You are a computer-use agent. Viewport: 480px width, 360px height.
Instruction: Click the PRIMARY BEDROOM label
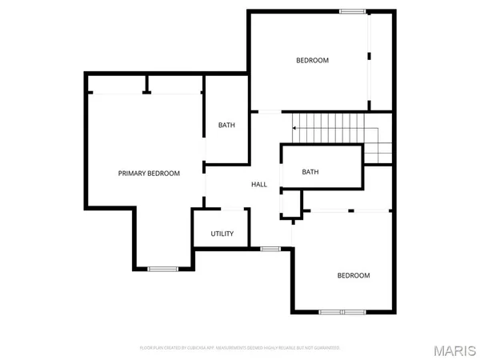tap(149, 174)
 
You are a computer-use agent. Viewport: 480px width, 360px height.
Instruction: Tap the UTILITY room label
tap(222, 234)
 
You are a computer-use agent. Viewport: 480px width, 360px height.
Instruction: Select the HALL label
tap(259, 185)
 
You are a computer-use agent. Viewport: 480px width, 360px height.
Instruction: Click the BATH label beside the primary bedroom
tap(227, 125)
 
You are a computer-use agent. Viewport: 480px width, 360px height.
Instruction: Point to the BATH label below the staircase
tap(310, 172)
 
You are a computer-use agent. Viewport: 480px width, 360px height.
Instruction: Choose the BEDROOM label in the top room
tap(312, 60)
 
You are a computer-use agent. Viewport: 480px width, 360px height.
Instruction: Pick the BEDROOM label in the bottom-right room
tap(354, 275)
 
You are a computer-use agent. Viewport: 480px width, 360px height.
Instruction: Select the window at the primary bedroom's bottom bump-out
tap(162, 268)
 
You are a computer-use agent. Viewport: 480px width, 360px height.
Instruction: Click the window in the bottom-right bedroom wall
tap(342, 310)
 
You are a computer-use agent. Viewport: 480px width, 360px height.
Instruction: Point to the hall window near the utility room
tap(271, 249)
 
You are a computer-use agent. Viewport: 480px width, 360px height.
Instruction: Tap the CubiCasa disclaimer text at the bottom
tap(240, 348)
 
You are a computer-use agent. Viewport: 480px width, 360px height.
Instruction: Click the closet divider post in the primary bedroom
tap(146, 86)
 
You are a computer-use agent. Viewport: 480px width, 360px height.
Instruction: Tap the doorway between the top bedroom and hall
tap(269, 111)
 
